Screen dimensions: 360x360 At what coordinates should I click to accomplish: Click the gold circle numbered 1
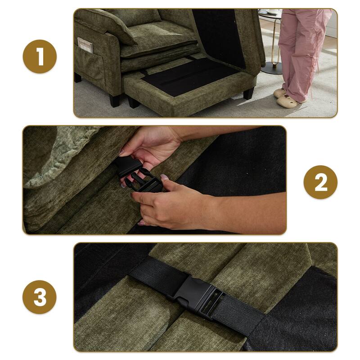point(40,57)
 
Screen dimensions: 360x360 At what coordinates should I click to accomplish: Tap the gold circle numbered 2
point(320,182)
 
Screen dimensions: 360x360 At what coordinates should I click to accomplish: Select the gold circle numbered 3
point(40,297)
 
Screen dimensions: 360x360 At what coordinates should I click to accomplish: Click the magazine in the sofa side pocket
point(85,45)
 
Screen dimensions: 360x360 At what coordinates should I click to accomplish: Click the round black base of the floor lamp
point(271,67)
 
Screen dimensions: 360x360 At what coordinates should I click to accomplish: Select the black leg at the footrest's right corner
point(248,93)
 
